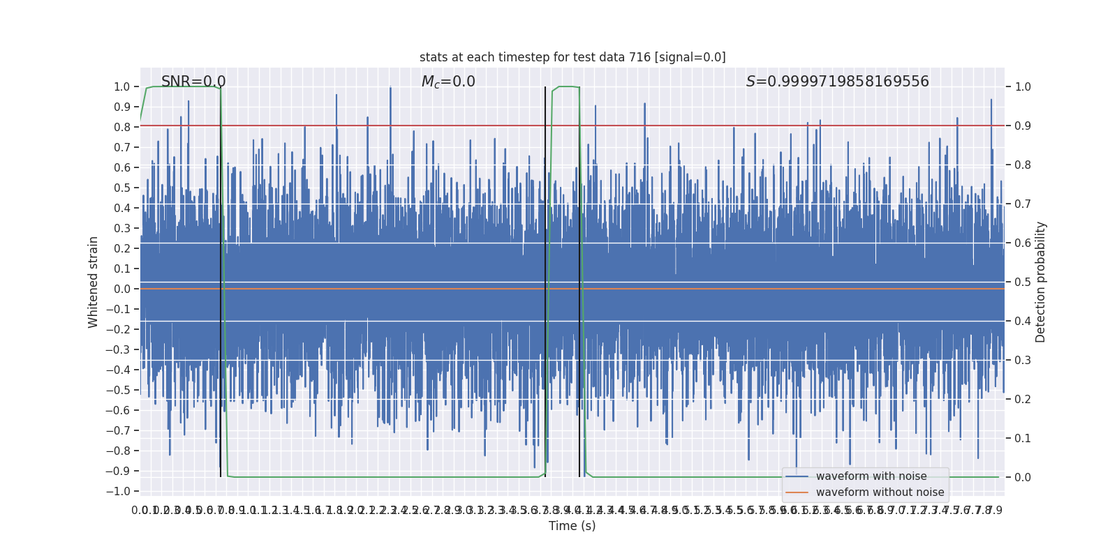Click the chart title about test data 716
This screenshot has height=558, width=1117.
572,57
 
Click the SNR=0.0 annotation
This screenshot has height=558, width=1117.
193,82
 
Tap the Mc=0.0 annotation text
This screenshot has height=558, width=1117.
448,82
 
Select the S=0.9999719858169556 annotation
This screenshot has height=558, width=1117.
837,82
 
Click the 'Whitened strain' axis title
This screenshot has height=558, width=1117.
94,282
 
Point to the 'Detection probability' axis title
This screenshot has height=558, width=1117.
1041,282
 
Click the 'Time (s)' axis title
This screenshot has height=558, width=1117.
572,526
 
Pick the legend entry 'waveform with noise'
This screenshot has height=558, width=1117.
871,476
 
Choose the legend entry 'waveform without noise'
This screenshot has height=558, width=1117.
880,492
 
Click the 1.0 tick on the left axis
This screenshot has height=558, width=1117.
122,87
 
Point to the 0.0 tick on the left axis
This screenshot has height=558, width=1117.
122,289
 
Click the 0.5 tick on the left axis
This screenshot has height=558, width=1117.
122,188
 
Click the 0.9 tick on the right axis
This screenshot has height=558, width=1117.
1023,126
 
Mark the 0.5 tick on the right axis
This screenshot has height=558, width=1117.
1023,282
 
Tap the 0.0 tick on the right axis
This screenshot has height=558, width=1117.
1023,478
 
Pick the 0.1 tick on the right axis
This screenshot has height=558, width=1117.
1023,439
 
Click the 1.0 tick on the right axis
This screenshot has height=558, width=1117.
1023,87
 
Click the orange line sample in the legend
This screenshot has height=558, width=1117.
797,492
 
